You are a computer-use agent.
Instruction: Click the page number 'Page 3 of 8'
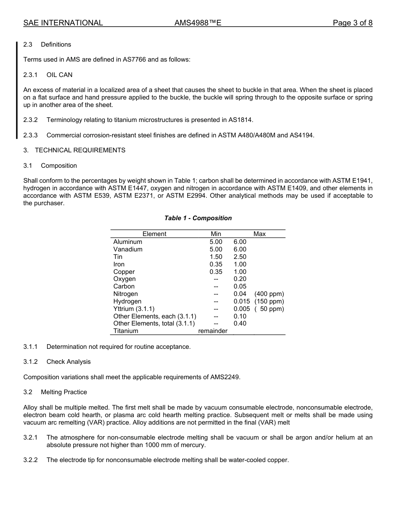tap(352, 23)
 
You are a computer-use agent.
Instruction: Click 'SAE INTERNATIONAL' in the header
tap(63, 23)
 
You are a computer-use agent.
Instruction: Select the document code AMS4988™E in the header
tap(198, 23)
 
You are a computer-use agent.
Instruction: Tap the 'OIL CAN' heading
tap(60, 75)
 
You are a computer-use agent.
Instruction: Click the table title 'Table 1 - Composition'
tap(198, 218)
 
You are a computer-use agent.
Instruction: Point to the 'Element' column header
tap(154, 234)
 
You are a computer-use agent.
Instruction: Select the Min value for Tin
tap(216, 257)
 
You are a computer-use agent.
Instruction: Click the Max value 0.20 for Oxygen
tap(240, 279)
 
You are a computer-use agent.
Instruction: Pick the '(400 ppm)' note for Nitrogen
tap(269, 294)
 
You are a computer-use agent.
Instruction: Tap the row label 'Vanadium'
tap(128, 249)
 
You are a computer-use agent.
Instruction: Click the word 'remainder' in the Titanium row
tap(213, 331)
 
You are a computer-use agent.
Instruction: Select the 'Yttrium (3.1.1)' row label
tap(134, 309)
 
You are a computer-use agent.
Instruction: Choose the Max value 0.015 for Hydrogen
tap(241, 301)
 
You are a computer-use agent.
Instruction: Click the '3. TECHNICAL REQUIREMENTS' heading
tap(74, 150)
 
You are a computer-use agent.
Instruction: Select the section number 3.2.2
tap(30, 460)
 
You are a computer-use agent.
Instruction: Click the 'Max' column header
tap(259, 234)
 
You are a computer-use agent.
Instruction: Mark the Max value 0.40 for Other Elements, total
tap(240, 323)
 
